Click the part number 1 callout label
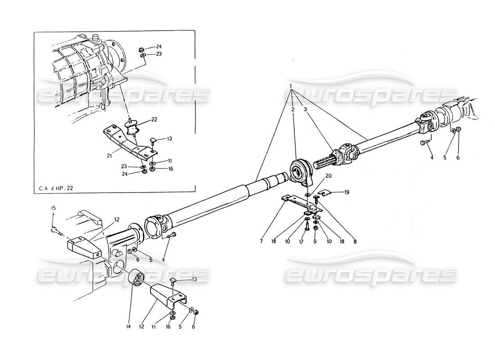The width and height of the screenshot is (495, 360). pyautogui.click(x=292, y=86)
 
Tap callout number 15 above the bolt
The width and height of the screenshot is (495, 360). pyautogui.click(x=53, y=207)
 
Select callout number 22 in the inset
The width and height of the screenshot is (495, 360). pyautogui.click(x=154, y=119)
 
